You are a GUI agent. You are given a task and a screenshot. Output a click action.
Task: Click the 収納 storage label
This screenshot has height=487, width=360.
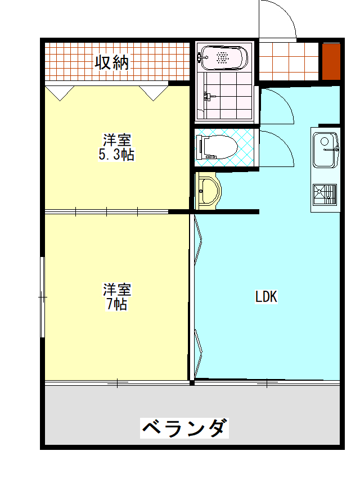(111, 62)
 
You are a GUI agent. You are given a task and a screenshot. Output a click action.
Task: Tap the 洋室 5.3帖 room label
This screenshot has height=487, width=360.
(116, 147)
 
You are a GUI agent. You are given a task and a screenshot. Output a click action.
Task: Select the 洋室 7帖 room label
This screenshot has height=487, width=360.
(117, 296)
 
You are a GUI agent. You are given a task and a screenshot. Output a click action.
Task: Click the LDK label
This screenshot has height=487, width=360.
(266, 296)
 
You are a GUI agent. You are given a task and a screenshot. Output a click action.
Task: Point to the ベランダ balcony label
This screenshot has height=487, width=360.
(184, 428)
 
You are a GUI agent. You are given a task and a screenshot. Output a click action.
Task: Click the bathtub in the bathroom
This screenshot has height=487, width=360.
(224, 58)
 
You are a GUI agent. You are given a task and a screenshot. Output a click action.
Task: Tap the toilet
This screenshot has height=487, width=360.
(217, 147)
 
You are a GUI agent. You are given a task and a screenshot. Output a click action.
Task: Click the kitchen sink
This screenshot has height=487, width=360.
(325, 150)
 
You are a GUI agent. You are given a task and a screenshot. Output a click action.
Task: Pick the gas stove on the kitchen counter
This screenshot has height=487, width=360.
(325, 195)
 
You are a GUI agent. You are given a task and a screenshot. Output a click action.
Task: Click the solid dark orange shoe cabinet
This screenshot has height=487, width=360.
(331, 61)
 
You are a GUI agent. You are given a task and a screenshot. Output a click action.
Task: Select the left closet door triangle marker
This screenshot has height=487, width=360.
(60, 93)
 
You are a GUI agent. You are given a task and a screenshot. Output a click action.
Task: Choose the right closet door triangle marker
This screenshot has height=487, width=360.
(154, 93)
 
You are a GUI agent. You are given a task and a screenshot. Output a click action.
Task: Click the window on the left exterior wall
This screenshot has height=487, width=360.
(43, 297)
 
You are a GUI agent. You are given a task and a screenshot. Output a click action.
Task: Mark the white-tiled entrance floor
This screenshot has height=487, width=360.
(289, 61)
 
